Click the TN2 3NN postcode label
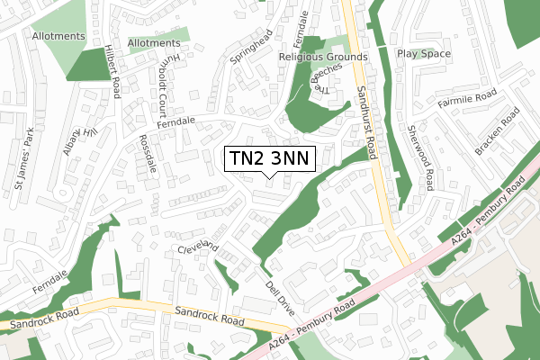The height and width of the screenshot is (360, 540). click(269, 158)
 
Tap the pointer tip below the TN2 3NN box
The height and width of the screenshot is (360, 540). click(269, 178)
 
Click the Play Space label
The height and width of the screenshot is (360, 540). click(423, 53)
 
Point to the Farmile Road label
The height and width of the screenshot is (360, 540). click(467, 94)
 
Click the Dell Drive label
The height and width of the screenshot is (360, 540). click(280, 297)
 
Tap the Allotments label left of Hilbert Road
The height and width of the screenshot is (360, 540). click(58, 37)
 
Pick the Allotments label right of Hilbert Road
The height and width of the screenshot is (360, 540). click(153, 42)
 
